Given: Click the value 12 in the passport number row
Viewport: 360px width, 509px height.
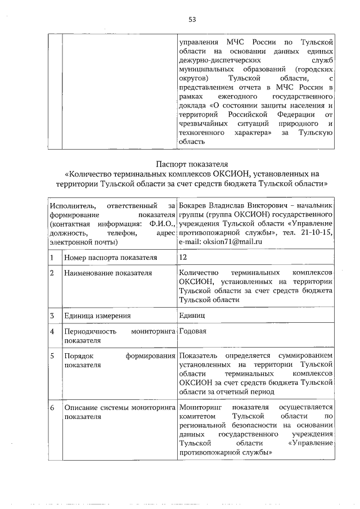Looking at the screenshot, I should tap(183, 257).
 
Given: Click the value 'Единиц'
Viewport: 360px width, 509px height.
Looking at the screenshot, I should tap(192, 315).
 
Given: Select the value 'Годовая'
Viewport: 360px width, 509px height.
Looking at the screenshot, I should tap(193, 331).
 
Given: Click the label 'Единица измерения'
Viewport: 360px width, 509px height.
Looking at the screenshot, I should tap(96, 316).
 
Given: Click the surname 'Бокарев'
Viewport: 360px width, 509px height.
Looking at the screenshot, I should tap(194, 205).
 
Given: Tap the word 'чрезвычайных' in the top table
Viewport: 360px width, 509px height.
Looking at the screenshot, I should tap(202, 123).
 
